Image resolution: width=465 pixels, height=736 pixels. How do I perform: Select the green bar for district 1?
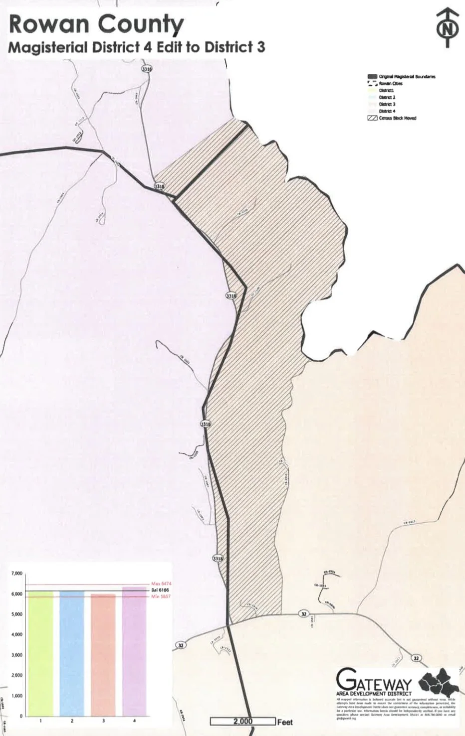click(41, 653)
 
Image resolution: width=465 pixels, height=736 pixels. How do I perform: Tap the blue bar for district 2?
click(72, 653)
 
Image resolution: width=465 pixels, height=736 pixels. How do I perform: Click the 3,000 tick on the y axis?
click(16, 655)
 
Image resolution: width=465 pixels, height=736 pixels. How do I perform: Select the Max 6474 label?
click(161, 583)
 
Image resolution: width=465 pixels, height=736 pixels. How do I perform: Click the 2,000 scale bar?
click(243, 721)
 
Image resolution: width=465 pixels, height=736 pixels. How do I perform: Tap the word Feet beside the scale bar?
click(285, 722)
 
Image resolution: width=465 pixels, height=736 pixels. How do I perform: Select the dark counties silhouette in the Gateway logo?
click(438, 681)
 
